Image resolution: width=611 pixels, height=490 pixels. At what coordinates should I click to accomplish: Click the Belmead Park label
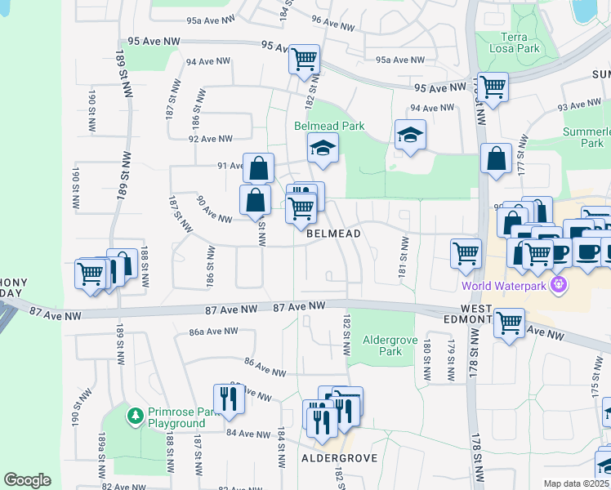coord(329,126)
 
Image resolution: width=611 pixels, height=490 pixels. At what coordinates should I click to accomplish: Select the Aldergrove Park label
coord(383,345)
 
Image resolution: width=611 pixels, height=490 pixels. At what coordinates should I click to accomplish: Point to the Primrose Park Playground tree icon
coord(136,416)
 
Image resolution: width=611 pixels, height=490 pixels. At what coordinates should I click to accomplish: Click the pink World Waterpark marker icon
coord(559,285)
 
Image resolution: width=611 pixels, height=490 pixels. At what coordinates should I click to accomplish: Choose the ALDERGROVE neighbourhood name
coord(340,458)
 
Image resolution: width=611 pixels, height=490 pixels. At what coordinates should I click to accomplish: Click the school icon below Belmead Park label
coord(323,149)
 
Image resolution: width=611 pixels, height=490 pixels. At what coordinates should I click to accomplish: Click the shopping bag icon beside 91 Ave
coord(258,168)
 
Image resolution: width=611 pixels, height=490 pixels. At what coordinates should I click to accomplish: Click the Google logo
coord(27,480)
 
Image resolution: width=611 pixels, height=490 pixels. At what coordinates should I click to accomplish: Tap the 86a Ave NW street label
coord(212,332)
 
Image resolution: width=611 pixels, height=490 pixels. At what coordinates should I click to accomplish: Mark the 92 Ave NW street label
coord(210,139)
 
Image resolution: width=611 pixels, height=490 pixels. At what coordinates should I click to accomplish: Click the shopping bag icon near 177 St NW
coord(496,159)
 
